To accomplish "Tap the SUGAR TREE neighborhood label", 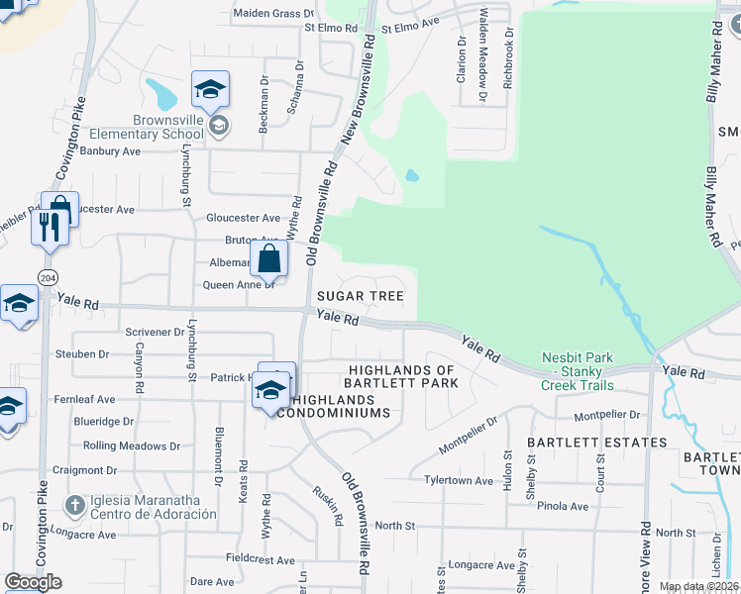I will click(360, 296).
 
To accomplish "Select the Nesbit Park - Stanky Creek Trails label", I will click(578, 371).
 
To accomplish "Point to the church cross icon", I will click(73, 506).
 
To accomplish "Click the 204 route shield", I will click(47, 276).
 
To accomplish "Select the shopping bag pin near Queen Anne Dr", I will click(268, 260).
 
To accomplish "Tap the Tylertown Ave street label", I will click(459, 481).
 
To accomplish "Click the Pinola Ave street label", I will click(565, 506).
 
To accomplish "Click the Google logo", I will click(33, 582).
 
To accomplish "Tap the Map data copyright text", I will click(697, 586).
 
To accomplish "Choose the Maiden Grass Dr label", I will click(272, 14).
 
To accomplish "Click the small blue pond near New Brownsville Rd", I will click(412, 176).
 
